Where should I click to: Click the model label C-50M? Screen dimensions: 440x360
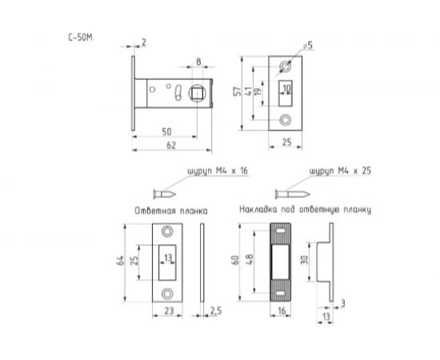click(x=80, y=38)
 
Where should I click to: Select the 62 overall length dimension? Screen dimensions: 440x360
click(x=171, y=146)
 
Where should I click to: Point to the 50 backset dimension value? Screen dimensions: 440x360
click(x=166, y=132)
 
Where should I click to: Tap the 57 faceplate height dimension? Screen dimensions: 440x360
click(x=238, y=91)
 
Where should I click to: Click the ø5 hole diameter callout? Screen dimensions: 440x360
click(x=307, y=46)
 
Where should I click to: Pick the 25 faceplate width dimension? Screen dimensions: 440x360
click(x=286, y=142)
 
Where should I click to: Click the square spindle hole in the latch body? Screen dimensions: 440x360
click(x=198, y=93)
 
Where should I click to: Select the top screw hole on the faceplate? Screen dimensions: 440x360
click(x=286, y=66)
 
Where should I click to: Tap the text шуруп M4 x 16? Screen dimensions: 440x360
click(x=218, y=171)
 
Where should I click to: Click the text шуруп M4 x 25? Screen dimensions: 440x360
click(x=340, y=171)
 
